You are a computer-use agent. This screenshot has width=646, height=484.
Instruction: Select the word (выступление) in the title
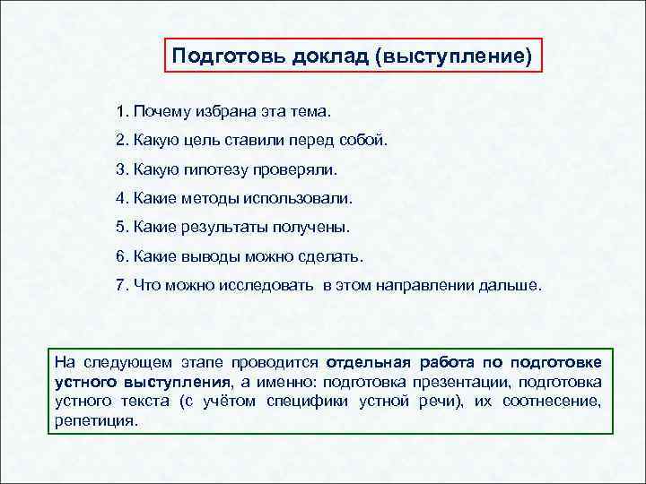point(454,57)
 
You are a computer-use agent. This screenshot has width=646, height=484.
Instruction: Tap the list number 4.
point(120,199)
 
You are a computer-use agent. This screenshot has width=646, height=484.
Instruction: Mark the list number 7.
point(120,285)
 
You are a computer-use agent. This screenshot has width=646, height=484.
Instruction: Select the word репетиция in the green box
point(96,419)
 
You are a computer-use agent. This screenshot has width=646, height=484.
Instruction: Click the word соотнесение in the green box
point(551,401)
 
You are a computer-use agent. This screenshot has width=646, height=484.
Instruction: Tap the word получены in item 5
point(318,228)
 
